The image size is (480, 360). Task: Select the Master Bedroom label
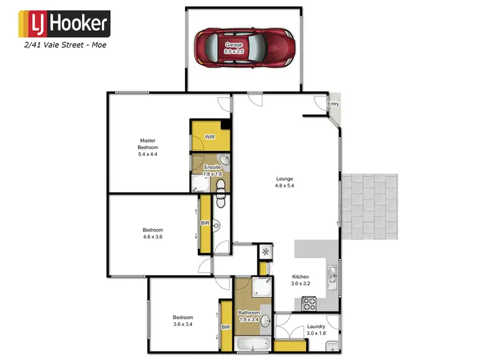pos(148,147)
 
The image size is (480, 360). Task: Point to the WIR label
pos(209,137)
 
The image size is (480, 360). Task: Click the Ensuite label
pos(212,171)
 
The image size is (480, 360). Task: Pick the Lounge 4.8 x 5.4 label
pos(285,182)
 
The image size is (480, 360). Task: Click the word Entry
pos(333,104)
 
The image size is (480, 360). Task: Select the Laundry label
pos(316,329)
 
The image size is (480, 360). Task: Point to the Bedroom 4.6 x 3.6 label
pos(152,233)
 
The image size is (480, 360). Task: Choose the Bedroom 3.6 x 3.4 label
pos(182,321)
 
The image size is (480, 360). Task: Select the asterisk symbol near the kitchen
pos(266,251)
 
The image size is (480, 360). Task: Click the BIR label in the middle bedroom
pos(205,223)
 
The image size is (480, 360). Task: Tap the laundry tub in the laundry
pos(332,346)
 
